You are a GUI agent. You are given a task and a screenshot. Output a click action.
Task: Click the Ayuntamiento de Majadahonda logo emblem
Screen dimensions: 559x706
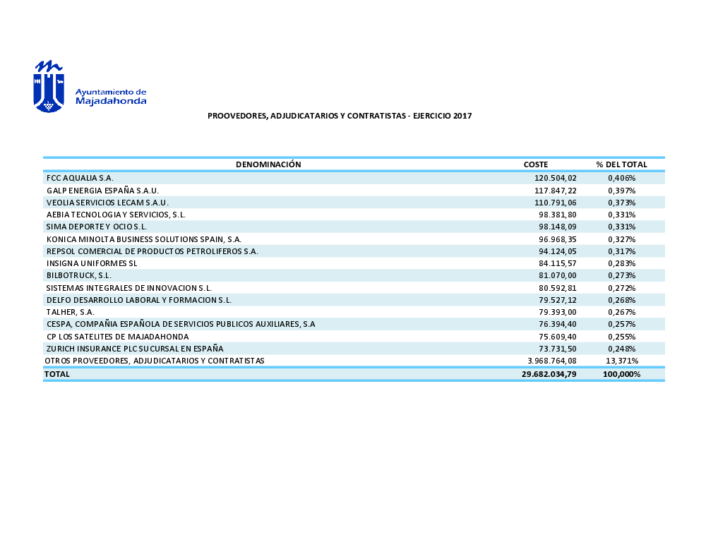coord(49,87)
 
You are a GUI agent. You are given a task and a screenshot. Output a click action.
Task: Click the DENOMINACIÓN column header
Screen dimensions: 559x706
coord(268,164)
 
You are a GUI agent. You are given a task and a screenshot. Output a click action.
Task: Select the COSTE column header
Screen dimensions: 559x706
coord(536,164)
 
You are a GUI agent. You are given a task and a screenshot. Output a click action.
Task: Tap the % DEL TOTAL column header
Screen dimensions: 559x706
coord(621,164)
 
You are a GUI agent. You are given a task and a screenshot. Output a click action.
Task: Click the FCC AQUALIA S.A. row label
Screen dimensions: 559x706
coord(80,178)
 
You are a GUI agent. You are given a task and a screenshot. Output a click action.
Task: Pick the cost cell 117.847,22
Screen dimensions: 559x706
coord(556,191)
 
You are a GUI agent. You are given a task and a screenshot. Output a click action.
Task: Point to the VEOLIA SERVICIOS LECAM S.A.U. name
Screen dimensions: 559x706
coord(107,203)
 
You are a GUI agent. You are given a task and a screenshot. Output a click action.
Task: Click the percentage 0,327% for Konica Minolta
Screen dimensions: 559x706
coord(622,239)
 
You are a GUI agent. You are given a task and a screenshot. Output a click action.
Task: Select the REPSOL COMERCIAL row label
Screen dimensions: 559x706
coord(152,251)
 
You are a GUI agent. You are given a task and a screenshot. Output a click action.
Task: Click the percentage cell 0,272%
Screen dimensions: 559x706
coord(622,288)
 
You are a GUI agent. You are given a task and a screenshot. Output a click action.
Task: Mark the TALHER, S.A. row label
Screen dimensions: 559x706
coord(71,312)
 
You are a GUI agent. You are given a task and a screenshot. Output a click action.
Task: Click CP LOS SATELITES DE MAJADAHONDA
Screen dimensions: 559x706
coord(117,337)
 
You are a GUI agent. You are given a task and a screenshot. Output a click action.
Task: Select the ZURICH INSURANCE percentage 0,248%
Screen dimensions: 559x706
coord(622,349)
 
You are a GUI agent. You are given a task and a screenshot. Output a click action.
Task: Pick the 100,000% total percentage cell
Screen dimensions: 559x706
coord(622,374)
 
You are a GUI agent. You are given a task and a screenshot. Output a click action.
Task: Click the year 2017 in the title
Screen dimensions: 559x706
coord(462,116)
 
